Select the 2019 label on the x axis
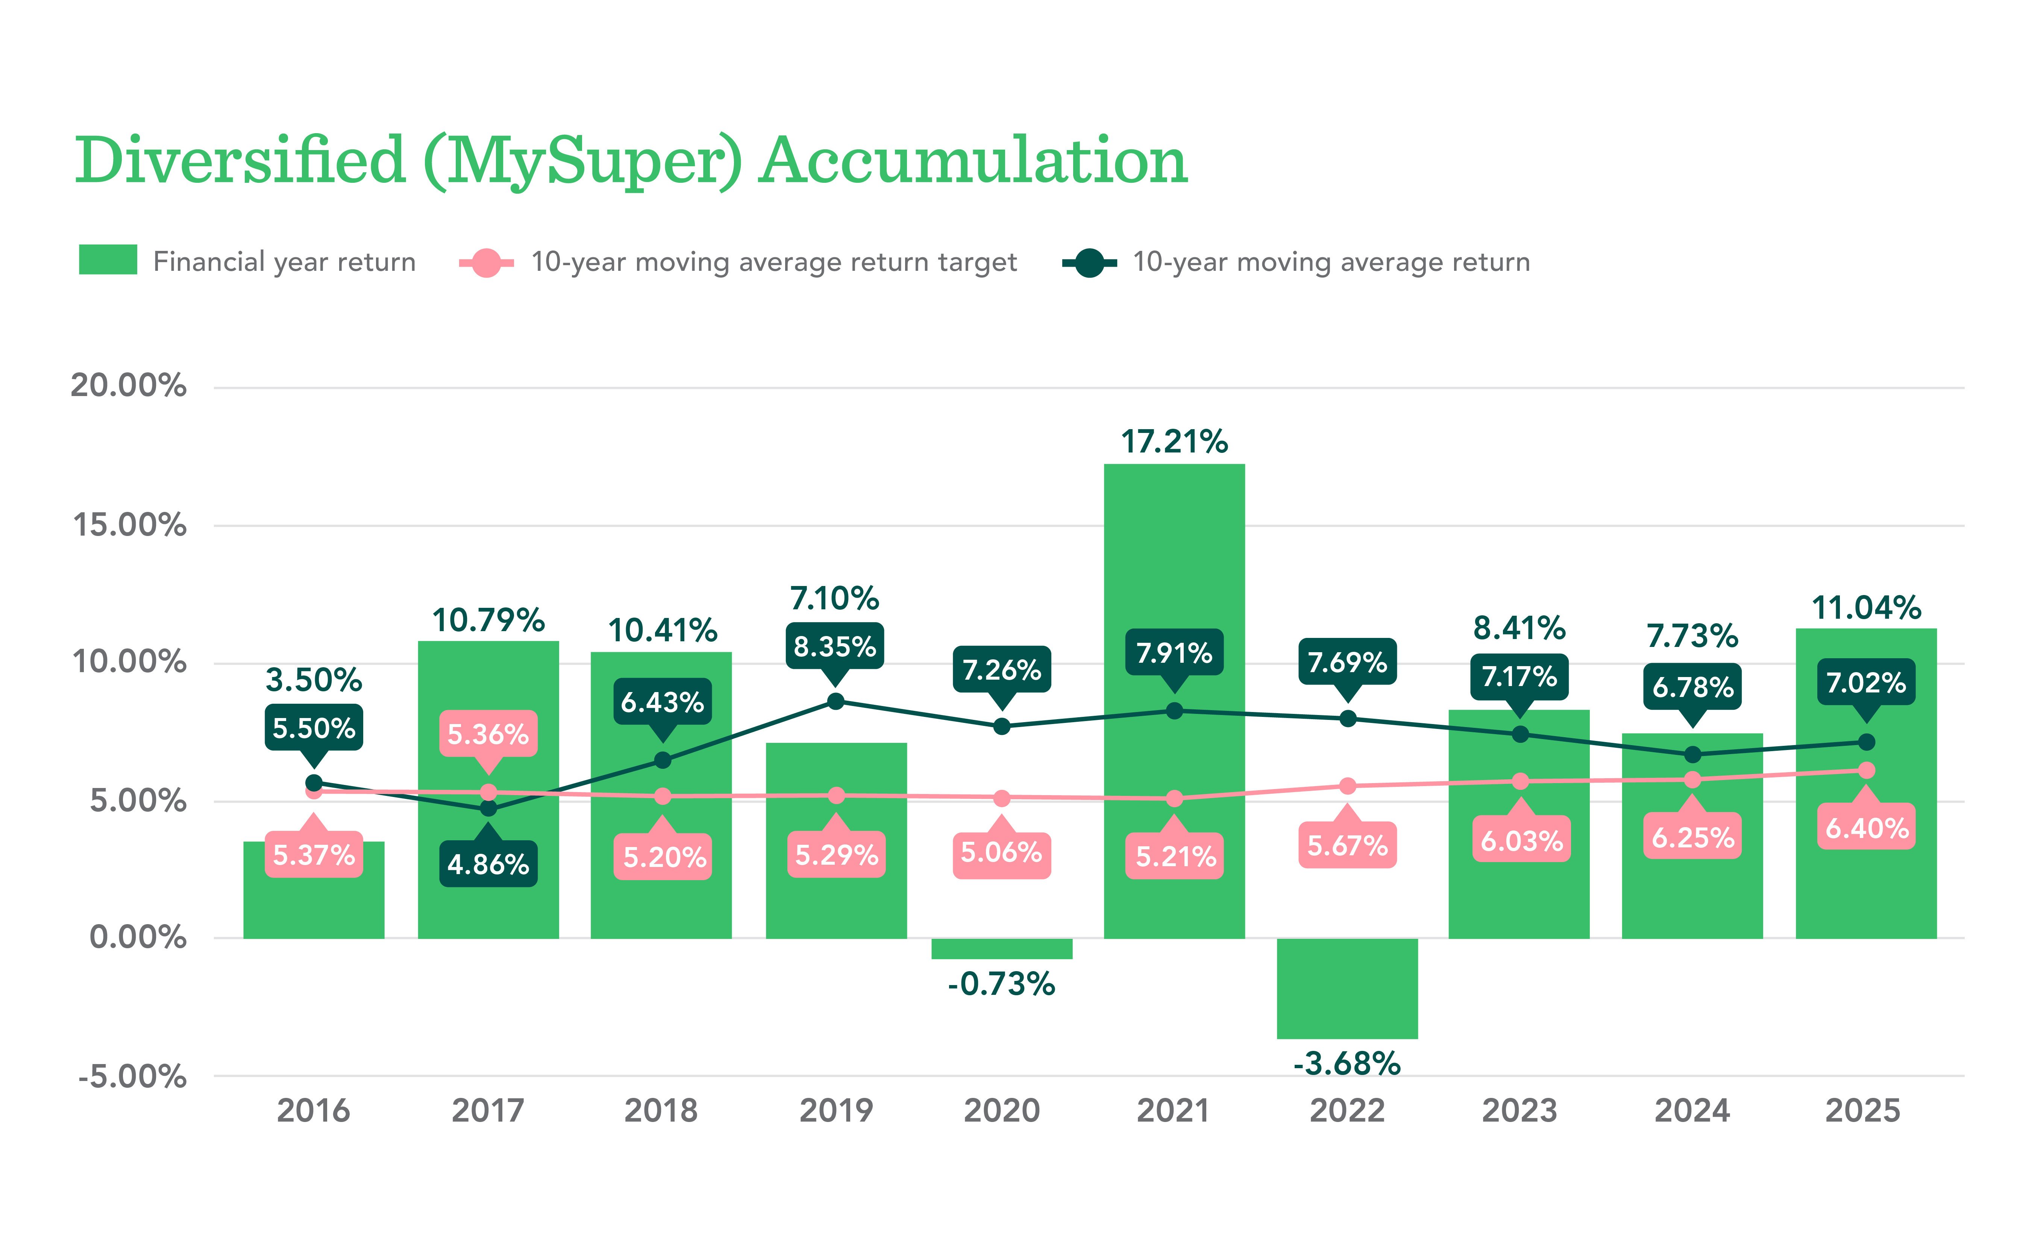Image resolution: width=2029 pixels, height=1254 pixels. [836, 1111]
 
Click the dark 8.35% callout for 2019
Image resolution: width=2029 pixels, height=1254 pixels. [835, 646]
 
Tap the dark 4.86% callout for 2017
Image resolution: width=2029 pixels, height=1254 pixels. [488, 864]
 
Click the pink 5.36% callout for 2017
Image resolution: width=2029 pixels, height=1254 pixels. [488, 733]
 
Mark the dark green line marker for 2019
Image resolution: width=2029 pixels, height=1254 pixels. [836, 701]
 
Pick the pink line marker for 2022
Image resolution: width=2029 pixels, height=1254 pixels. [1347, 785]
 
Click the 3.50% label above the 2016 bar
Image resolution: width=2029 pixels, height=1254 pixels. [314, 680]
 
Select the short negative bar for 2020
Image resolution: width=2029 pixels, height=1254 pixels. [1002, 948]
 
